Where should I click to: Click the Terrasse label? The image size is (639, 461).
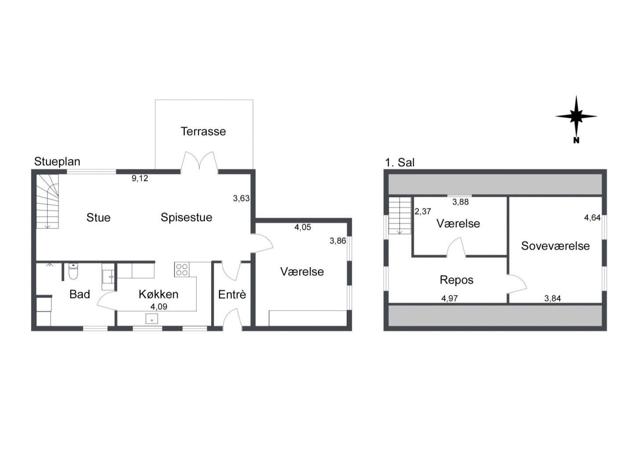coord(203,131)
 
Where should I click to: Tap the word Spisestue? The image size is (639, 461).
coord(186,218)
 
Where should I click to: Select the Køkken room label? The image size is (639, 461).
coord(159,294)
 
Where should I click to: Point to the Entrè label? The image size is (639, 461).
coord(232,294)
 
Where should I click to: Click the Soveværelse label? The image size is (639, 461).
coord(555,246)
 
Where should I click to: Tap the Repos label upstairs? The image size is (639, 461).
coord(456,280)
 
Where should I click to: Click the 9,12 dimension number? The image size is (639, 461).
coord(140,178)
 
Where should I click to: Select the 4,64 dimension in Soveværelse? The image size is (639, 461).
coord(592,218)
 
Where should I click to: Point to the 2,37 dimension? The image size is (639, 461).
coord(423,211)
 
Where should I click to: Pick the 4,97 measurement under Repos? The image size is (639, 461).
coord(449,298)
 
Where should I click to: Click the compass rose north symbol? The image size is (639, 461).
coord(576,119)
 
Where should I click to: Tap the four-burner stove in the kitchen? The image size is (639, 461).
coord(182,269)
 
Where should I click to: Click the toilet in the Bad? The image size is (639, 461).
coord(73,271)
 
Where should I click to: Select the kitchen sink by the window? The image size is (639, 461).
coord(152,319)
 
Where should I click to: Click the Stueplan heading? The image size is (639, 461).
coord(57,162)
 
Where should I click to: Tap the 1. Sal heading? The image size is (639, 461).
coord(400,163)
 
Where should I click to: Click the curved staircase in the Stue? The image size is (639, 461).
coord(47,201)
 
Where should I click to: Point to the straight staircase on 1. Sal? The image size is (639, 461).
coord(400,215)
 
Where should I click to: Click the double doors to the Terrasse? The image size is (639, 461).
coord(199,163)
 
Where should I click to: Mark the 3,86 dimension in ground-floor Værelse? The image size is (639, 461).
coord(338,241)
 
